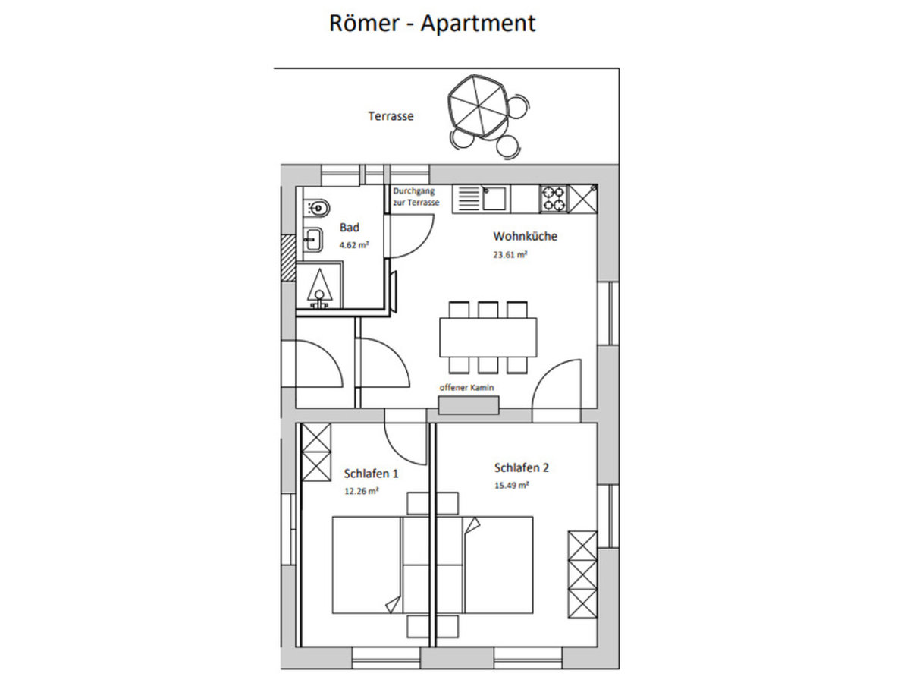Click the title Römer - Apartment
[x=432, y=24]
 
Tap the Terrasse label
[x=391, y=116]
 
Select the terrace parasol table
[x=478, y=106]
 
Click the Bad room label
[x=350, y=227]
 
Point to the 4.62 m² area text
[x=354, y=245]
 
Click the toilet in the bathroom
[x=317, y=207]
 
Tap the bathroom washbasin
[x=313, y=239]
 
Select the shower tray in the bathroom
[x=320, y=285]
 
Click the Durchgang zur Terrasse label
[x=416, y=197]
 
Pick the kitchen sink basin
[x=494, y=198]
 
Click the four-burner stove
[x=554, y=199]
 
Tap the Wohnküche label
[x=525, y=236]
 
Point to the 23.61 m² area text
[x=510, y=255]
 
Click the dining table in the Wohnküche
[x=488, y=337]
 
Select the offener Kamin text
[x=466, y=387]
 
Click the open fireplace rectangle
[x=469, y=404]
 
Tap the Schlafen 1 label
[x=371, y=474]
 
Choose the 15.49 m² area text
[x=511, y=485]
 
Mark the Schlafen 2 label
[x=522, y=467]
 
